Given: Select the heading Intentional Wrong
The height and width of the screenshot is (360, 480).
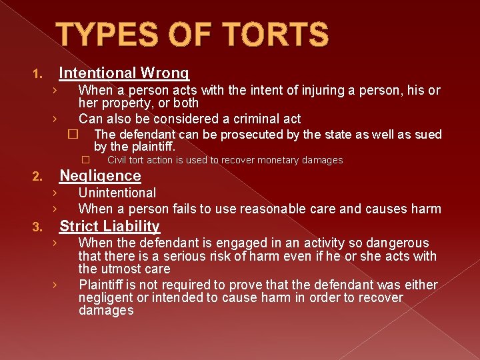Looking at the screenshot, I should coord(124,73).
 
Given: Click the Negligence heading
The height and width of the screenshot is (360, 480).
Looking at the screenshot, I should coord(100,176).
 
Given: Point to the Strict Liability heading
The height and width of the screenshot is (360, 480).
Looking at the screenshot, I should coord(109,227).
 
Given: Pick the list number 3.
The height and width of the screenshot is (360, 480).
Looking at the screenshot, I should coord(38,228).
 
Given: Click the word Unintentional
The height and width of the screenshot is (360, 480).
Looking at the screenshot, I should coord(117,193).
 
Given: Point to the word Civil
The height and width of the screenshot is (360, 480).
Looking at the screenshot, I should coord(117,160).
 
